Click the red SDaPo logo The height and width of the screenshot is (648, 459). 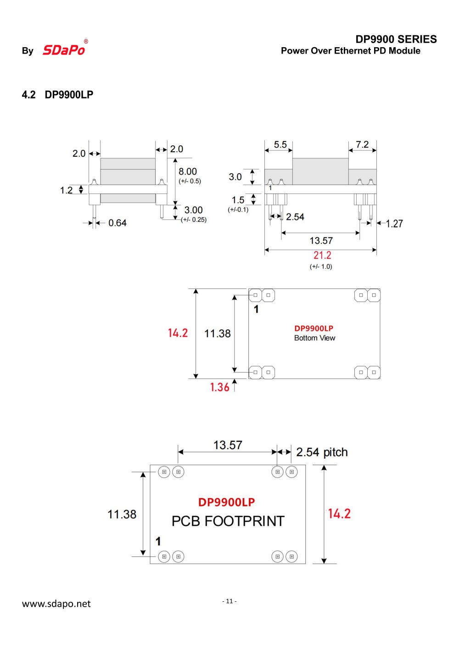tap(64, 49)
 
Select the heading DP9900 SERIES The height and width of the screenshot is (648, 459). tap(396, 39)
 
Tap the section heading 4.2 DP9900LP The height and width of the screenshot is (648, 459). tap(57, 95)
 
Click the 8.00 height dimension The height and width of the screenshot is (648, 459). tap(188, 171)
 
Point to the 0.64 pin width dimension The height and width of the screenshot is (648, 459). tap(117, 223)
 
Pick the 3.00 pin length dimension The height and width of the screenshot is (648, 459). tap(193, 210)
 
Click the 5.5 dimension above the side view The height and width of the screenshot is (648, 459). tap(280, 145)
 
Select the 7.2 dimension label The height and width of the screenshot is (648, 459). tap(362, 145)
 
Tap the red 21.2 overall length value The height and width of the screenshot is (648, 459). tap(322, 255)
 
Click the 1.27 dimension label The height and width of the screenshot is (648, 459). tap(394, 224)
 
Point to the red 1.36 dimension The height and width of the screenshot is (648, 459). tap(219, 387)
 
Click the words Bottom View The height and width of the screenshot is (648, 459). tap(314, 338)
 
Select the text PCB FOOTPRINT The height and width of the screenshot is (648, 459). tap(228, 521)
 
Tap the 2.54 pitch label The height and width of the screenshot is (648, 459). tap(322, 452)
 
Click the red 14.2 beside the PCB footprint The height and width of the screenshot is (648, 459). tap(339, 514)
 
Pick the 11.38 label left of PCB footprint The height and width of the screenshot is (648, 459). tap(122, 515)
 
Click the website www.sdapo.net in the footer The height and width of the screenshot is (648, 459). tap(56, 604)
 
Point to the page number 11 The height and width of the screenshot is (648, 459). tap(229, 601)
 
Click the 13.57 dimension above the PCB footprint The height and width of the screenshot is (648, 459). tap(228, 445)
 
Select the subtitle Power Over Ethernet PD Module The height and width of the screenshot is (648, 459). tap(350, 51)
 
